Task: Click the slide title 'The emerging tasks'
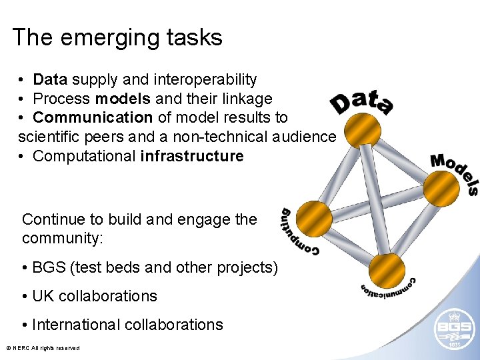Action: click(x=117, y=37)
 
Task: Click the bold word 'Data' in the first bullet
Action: click(x=51, y=80)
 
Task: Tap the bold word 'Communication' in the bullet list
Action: click(x=93, y=118)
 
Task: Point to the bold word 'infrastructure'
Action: click(x=192, y=156)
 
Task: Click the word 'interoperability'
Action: click(x=205, y=80)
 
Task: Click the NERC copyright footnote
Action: click(x=43, y=348)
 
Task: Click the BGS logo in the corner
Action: click(x=454, y=331)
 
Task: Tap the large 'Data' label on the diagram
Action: click(x=361, y=102)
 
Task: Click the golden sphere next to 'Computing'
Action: click(x=313, y=219)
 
